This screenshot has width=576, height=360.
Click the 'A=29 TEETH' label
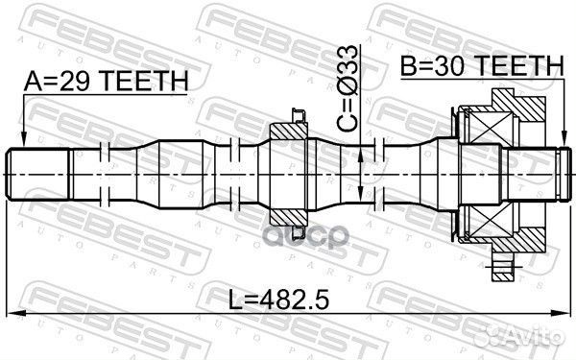tap(106, 82)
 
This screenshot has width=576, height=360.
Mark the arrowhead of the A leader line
tap(23, 144)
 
